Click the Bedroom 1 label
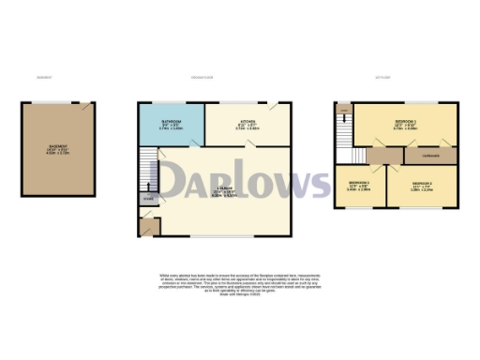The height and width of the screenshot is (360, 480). coord(405,123)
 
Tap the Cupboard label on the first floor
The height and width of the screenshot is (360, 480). coord(431,154)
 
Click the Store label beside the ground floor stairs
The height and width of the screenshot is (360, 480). coord(147,199)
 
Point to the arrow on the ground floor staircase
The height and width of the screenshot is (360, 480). coord(146,174)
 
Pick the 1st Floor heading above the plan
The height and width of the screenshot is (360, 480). coord(382,77)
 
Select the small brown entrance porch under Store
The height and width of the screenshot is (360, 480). coord(146,226)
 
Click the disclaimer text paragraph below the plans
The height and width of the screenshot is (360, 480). coord(239,286)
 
